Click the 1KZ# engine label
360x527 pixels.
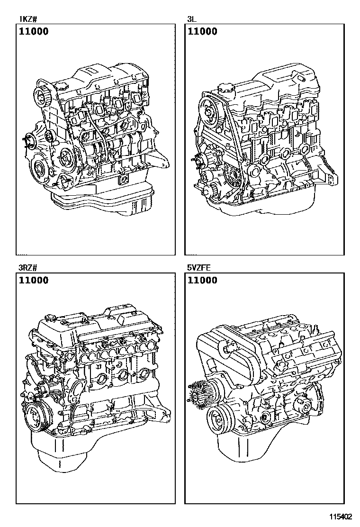click(27, 19)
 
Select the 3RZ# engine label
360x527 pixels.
click(28, 268)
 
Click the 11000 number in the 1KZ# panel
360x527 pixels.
click(34, 32)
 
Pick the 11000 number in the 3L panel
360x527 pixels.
click(203, 32)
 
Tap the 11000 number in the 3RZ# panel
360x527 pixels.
click(34, 281)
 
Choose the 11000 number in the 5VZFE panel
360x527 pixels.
click(203, 281)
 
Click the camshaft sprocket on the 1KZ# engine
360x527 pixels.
click(44, 95)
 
